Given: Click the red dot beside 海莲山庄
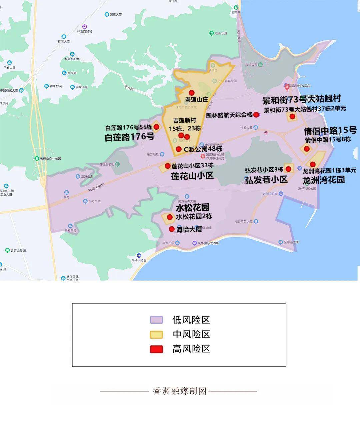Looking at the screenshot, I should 191,92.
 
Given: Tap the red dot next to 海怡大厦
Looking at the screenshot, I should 172,229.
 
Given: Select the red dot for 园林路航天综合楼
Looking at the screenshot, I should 256,115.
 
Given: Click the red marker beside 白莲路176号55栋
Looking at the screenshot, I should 156,127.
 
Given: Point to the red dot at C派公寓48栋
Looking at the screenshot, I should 179,149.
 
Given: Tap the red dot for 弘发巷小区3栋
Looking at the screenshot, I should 288,169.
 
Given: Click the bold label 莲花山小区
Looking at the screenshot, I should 192,176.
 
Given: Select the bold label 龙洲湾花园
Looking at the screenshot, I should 323,180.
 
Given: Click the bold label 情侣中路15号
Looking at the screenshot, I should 330,130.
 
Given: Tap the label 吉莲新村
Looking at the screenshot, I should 184,120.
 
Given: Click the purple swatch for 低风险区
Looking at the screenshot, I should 156,320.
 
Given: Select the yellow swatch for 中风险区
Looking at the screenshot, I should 156,335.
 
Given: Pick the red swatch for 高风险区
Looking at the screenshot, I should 156,349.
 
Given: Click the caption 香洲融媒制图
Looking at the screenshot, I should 180,391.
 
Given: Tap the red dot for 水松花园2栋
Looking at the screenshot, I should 170,217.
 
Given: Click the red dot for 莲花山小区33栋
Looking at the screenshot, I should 168,166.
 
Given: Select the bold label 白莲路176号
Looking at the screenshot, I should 130,137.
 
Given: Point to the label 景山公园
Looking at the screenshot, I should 221,33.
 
